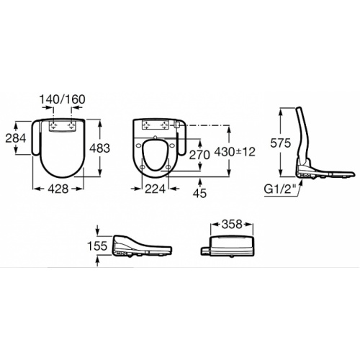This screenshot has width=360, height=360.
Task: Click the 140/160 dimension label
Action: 62,99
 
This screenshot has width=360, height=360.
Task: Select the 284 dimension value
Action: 16,138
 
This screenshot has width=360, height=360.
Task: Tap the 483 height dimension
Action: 99,148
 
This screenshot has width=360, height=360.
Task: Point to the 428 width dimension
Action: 58,189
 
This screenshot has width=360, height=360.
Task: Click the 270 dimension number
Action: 199,155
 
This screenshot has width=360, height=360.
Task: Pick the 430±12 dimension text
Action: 235,152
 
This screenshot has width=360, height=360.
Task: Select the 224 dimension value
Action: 155,189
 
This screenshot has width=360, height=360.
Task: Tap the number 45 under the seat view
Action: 199,194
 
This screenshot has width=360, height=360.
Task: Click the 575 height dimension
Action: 280,143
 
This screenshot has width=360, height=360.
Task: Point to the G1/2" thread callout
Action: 279,190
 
